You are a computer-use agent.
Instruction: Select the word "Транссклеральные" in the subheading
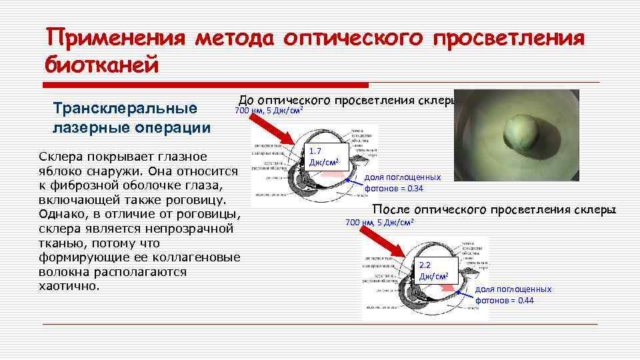click(x=125, y=108)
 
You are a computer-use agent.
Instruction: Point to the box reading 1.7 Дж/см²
click(x=324, y=157)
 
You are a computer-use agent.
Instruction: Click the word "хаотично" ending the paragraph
click(x=68, y=286)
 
